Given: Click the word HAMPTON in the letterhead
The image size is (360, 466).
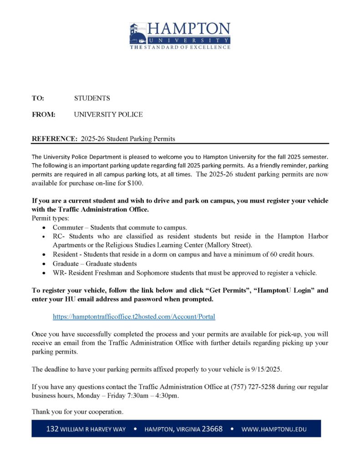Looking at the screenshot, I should point(188,29).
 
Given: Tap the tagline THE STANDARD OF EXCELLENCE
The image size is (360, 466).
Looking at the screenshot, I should point(180,47).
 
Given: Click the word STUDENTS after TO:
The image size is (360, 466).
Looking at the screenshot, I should point(92,98).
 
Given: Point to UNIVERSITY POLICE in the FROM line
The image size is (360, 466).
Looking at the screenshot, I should point(108,115).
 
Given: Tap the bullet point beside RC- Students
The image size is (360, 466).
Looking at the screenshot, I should point(43,237).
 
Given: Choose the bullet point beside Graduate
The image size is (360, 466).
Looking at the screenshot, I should point(43,264).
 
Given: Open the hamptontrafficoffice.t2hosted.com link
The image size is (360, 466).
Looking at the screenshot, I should point(134,316).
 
